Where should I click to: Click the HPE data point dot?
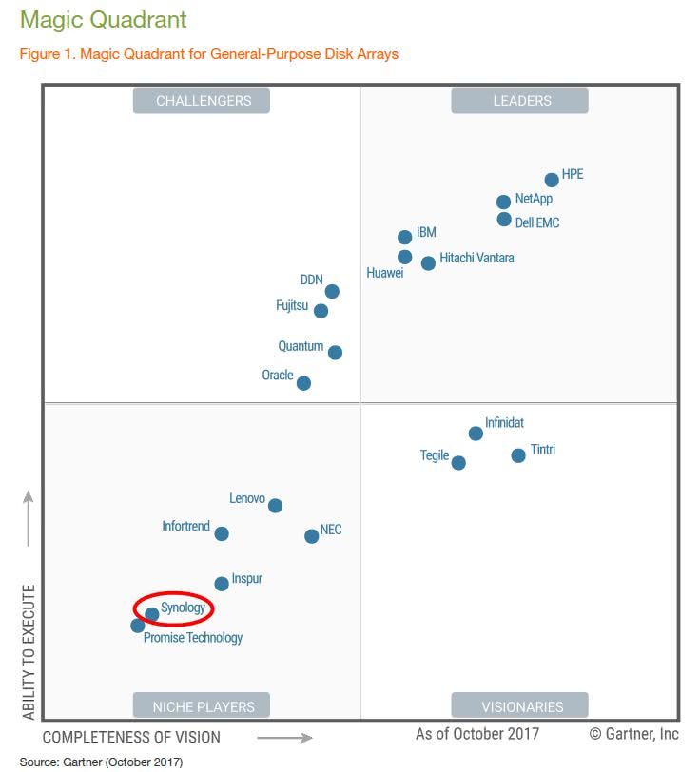click(x=552, y=180)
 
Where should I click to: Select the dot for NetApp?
click(x=504, y=202)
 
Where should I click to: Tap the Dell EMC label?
click(x=537, y=222)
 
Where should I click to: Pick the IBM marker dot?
click(x=405, y=237)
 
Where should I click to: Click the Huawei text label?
click(x=385, y=273)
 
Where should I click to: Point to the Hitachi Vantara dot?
click(x=429, y=262)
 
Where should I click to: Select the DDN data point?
click(x=332, y=291)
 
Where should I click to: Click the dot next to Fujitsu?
click(x=321, y=311)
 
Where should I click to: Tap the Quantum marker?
click(x=335, y=352)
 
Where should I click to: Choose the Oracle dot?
click(x=303, y=383)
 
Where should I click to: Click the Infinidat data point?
click(x=476, y=434)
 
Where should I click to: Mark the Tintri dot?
click(x=518, y=455)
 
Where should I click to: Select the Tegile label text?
click(x=435, y=455)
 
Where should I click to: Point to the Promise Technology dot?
click(x=138, y=626)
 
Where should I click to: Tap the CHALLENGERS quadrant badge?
click(x=202, y=101)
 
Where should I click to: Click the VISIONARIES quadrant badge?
click(x=521, y=706)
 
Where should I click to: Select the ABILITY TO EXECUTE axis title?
click(x=29, y=651)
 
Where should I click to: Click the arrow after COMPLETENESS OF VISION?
click(x=284, y=737)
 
